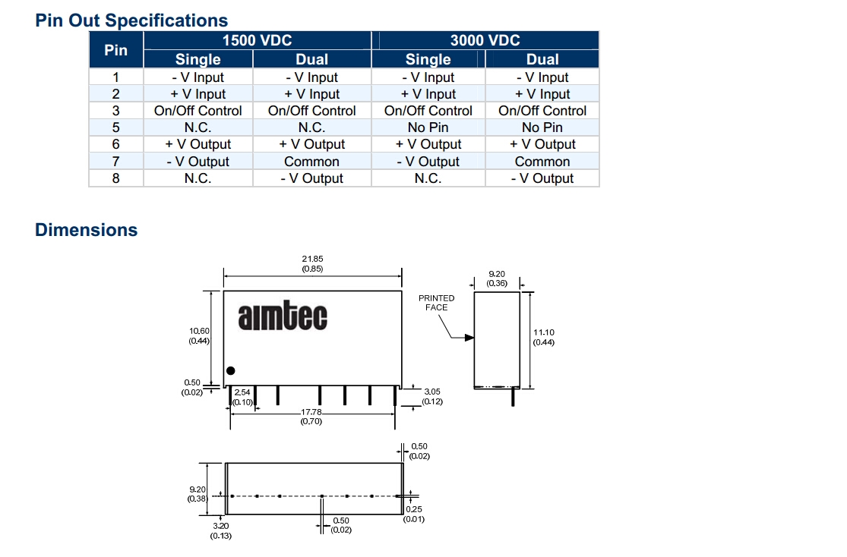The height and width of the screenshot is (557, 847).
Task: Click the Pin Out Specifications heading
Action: point(131,20)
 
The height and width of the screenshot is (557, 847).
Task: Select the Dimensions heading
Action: point(87,230)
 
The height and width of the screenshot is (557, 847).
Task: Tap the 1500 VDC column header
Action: point(257,41)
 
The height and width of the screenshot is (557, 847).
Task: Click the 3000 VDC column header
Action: point(485,41)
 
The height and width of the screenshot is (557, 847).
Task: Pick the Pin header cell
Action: point(115,50)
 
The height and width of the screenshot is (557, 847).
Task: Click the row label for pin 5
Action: point(115,127)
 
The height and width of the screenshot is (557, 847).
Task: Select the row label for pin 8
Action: point(115,178)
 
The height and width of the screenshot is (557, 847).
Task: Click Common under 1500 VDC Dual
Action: point(311,162)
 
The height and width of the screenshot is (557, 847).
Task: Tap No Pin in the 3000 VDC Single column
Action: point(428,127)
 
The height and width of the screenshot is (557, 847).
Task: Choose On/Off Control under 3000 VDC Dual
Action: point(542,111)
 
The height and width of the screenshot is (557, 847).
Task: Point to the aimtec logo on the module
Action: point(283,317)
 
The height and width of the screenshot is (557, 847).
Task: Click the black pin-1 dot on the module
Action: point(231,370)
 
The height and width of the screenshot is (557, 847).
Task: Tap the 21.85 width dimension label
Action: point(312,259)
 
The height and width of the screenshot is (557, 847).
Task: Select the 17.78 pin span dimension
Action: point(311,412)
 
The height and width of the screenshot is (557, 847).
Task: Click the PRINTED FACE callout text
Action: point(436,303)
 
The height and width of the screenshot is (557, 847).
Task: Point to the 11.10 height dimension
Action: point(544,332)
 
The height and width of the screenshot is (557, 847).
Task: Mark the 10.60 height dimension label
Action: point(200,331)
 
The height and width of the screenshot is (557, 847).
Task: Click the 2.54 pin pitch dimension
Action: point(242,392)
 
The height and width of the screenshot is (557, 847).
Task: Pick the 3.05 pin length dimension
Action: point(431,392)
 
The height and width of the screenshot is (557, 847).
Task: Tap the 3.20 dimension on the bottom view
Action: point(220,525)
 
